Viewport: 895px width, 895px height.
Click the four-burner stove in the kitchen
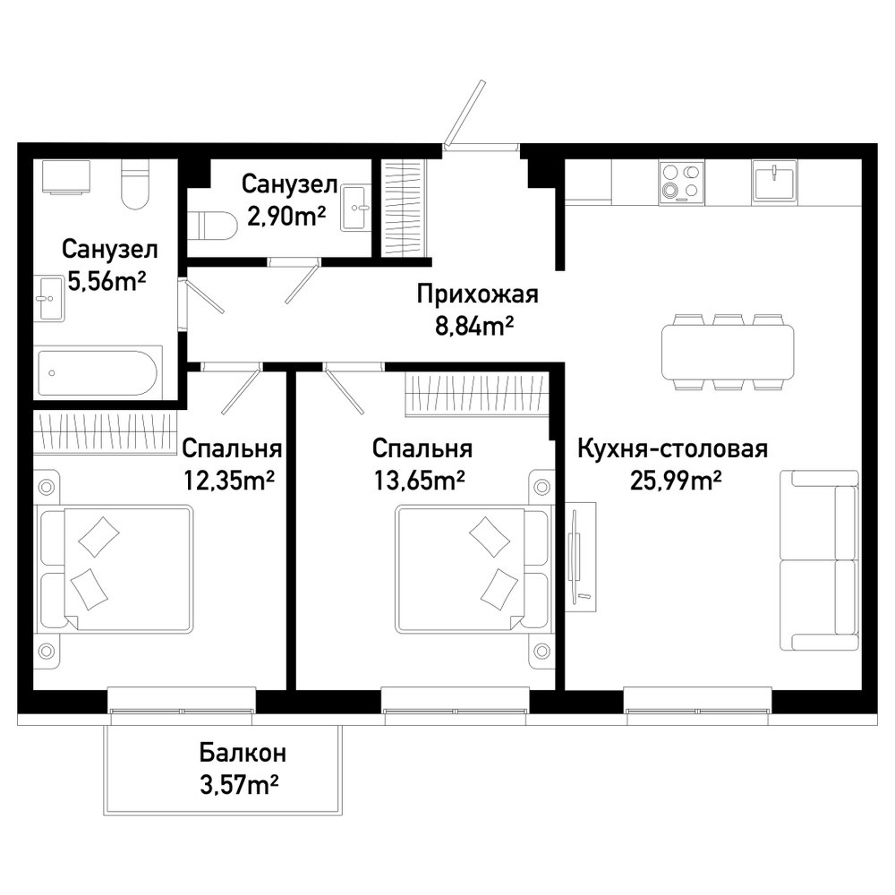tap(681, 182)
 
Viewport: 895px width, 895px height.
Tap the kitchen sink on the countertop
tap(774, 180)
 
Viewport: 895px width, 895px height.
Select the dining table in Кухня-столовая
tap(728, 352)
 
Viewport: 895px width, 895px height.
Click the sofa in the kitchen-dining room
tap(819, 560)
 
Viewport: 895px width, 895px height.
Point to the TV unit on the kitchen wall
tap(581, 557)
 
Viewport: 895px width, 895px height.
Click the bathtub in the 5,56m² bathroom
tap(97, 373)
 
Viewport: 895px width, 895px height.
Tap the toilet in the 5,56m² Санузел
tap(135, 183)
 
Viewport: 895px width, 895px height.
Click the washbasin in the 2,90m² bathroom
tap(355, 208)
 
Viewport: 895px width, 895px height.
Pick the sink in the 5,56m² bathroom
tap(48, 298)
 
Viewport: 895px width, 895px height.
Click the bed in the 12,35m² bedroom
tap(115, 568)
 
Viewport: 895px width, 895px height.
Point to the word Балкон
tap(243, 753)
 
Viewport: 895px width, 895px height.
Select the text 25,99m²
tap(676, 481)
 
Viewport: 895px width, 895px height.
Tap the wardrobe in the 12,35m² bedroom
tap(106, 432)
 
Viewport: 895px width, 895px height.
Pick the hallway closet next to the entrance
tap(405, 208)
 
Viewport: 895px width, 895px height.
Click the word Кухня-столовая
tap(672, 448)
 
